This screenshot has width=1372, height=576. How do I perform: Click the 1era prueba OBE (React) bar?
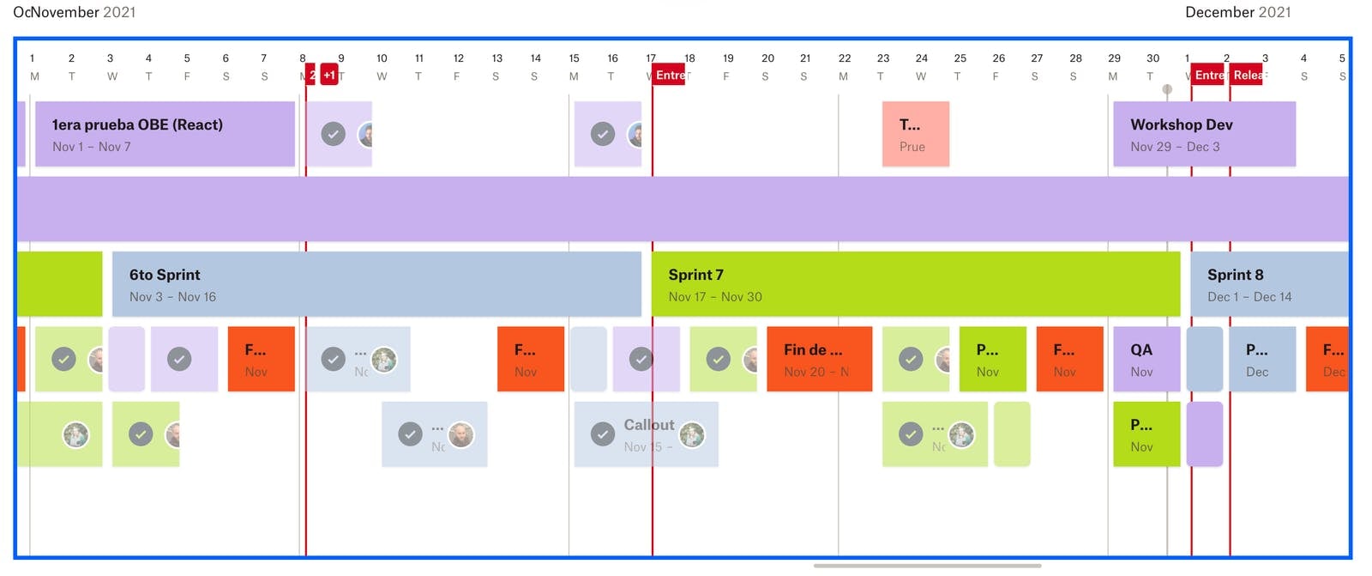coord(164,134)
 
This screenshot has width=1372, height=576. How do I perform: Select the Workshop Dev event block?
coord(1203,134)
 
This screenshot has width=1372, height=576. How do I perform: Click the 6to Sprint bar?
coord(376,284)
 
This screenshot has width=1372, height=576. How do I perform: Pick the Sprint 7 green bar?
coord(915,284)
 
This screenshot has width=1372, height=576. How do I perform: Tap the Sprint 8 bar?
coord(1268,284)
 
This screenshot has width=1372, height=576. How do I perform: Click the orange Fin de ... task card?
coord(819,360)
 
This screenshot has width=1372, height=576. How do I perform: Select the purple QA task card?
coord(1146,360)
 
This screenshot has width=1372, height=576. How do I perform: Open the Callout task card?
coord(646,434)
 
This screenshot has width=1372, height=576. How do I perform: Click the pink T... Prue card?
coord(915,134)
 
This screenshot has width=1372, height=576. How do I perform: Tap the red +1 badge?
coord(329,75)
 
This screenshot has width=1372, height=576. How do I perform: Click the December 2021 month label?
coord(1237,12)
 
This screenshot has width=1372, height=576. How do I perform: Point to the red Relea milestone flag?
coord(1247,75)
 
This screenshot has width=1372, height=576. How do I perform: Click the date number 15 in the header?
coord(574,58)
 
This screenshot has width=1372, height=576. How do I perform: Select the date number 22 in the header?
coord(844,58)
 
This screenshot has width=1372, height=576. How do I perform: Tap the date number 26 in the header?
coord(998,58)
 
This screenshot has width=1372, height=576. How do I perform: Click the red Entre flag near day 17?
coord(669,75)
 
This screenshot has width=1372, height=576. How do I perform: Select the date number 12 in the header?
coord(458,58)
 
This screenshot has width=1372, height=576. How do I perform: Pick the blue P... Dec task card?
coord(1261,360)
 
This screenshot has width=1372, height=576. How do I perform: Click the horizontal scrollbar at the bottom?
coord(927,566)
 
